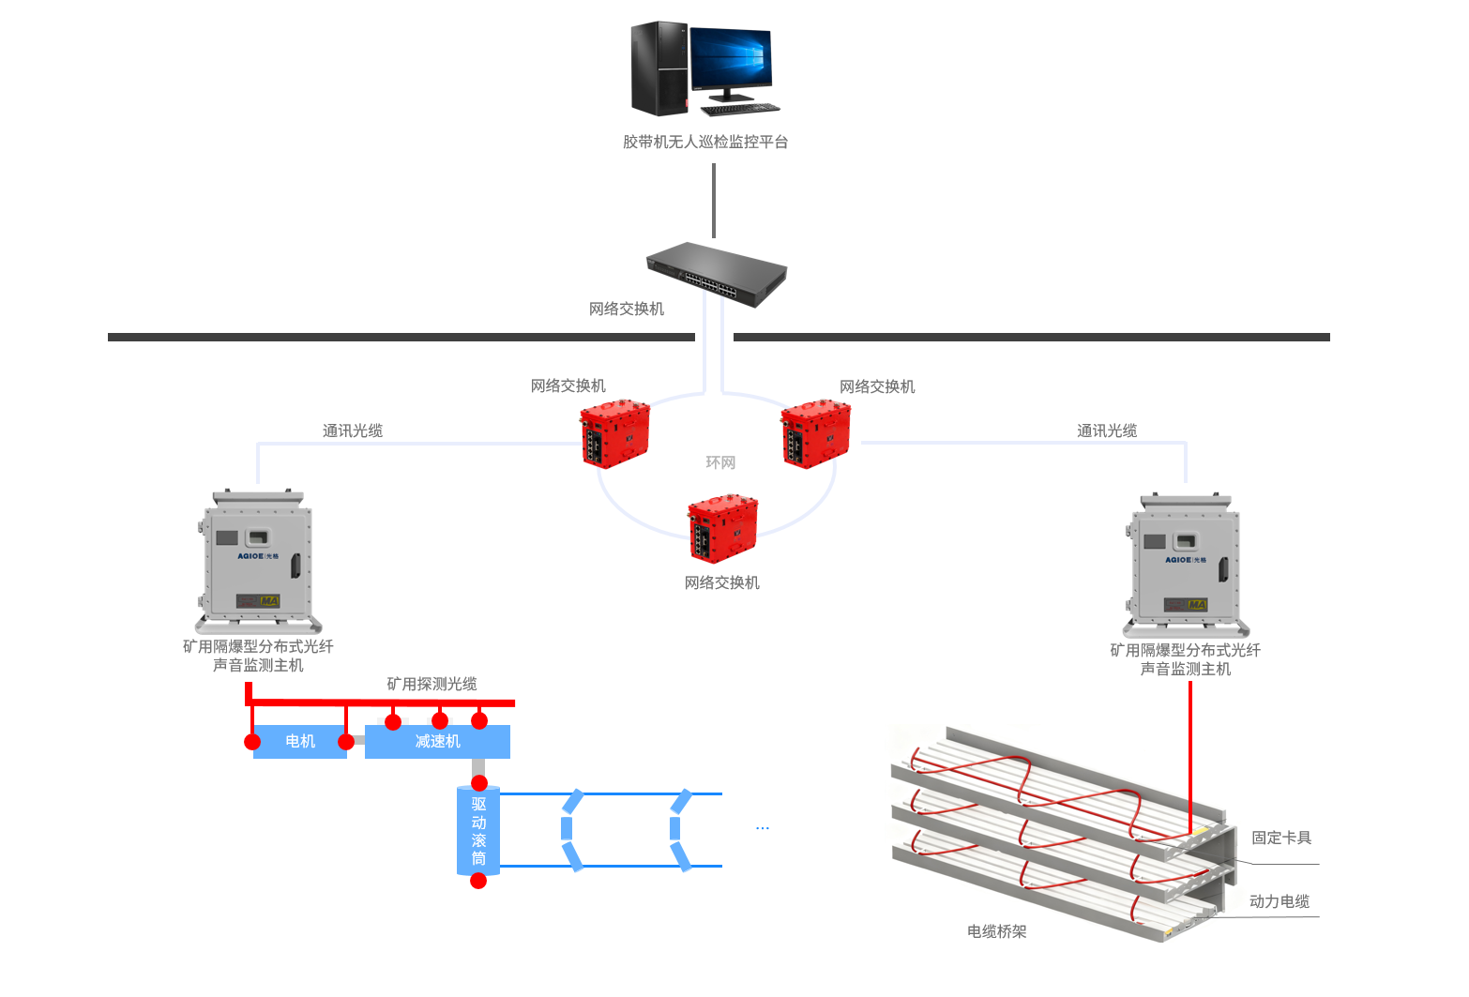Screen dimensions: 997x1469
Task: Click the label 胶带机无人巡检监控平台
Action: (705, 142)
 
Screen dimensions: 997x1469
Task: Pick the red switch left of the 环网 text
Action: (614, 434)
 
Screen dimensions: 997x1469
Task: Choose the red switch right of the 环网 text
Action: (815, 434)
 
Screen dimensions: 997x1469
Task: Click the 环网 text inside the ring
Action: (720, 462)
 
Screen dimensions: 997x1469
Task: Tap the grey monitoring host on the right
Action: (1186, 566)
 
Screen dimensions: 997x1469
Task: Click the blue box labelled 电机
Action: (300, 741)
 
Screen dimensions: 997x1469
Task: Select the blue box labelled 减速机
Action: (437, 741)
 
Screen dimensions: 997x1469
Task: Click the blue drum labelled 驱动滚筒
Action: (478, 831)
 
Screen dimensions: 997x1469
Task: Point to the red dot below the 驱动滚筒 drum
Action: (478, 881)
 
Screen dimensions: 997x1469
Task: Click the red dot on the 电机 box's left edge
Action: (252, 742)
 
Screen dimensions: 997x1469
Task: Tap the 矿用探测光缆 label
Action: (432, 684)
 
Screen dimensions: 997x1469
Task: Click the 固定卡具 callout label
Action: (1281, 838)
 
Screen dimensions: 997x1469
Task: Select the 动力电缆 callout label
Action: (1280, 901)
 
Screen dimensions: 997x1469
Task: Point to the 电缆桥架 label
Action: (997, 931)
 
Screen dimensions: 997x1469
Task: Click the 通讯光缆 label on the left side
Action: (353, 431)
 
